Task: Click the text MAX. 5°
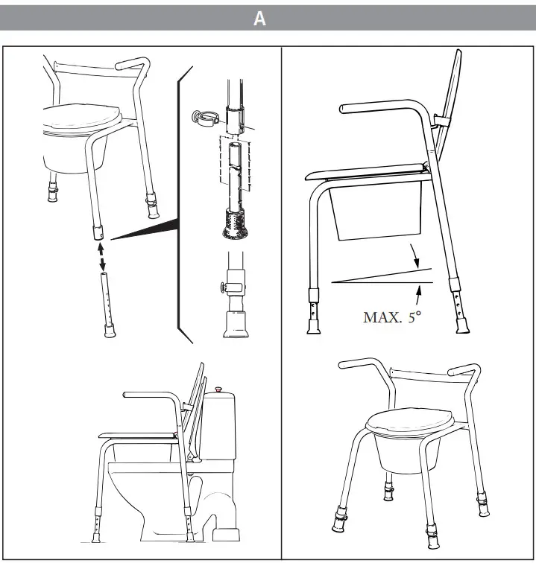392,317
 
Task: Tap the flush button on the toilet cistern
219,389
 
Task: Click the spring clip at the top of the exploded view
204,117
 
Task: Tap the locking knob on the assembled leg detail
221,287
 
